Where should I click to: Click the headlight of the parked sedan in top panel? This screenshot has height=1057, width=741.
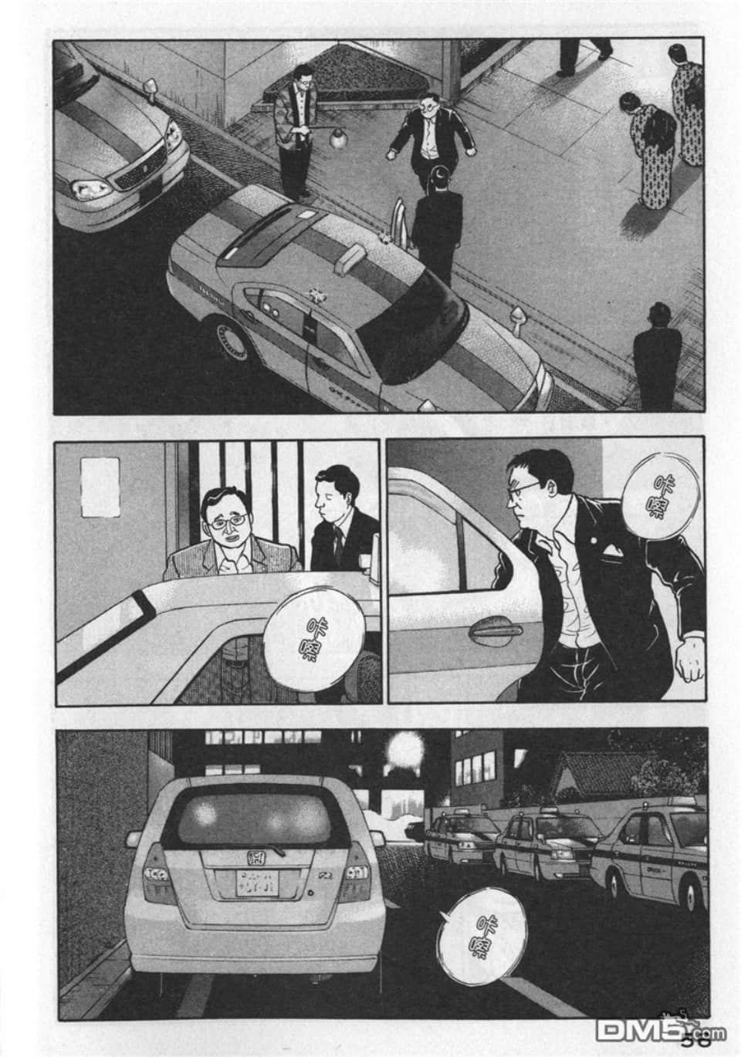86,187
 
